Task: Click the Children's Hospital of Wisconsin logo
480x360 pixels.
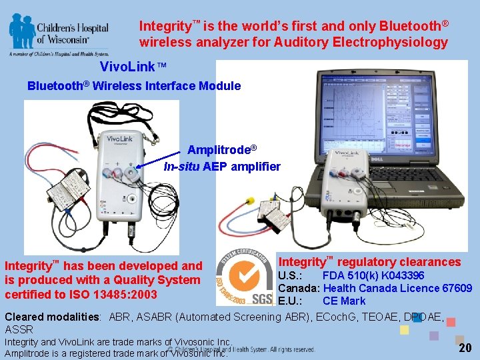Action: [x=59, y=33]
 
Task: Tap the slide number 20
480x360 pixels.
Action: [x=465, y=347]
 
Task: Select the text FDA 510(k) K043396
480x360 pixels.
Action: [x=373, y=275]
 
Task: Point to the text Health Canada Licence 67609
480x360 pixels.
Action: [x=397, y=288]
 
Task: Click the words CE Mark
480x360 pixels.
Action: [x=344, y=301]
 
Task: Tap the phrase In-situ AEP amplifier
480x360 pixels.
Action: [x=222, y=167]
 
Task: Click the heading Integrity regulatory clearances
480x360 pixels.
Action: [x=369, y=262]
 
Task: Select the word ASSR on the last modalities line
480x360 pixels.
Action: [x=19, y=329]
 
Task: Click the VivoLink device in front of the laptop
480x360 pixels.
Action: [x=347, y=193]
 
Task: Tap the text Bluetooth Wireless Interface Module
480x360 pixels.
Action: [x=134, y=85]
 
